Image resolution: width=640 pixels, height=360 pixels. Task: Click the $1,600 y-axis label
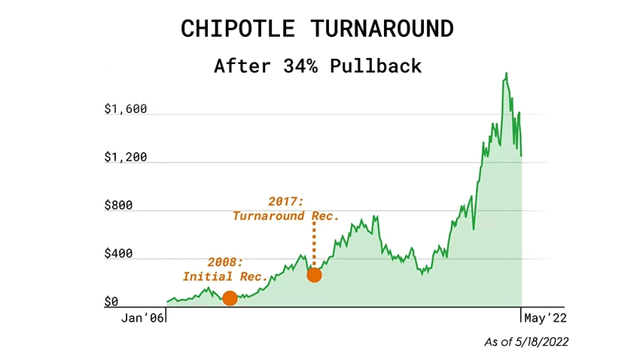tap(126, 109)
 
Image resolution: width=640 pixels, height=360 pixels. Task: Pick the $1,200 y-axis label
tap(126, 157)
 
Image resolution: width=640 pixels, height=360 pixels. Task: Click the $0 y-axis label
tap(111, 302)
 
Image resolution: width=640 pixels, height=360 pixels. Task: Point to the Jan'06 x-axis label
tap(143, 319)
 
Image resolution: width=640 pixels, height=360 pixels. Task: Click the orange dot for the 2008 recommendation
tap(230, 298)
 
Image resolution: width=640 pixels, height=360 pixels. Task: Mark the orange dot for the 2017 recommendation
tap(314, 275)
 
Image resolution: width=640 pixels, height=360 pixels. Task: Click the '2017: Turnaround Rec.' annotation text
tap(286, 209)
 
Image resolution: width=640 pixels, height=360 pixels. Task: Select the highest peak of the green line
tap(507, 73)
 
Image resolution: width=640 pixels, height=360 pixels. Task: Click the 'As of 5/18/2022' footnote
tap(526, 342)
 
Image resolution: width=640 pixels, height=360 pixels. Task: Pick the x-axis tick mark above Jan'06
tap(165, 313)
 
